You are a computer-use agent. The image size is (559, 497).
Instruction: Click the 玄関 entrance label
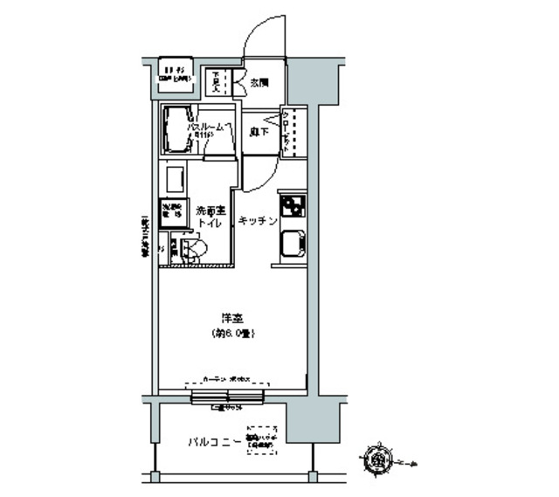pyautogui.click(x=259, y=83)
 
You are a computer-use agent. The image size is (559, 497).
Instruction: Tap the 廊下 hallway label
pyautogui.click(x=258, y=132)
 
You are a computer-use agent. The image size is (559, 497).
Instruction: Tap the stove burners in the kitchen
pyautogui.click(x=292, y=207)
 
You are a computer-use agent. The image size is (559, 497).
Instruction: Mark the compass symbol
pyautogui.click(x=380, y=458)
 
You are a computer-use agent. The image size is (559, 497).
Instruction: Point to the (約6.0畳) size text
pyautogui.click(x=231, y=334)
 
